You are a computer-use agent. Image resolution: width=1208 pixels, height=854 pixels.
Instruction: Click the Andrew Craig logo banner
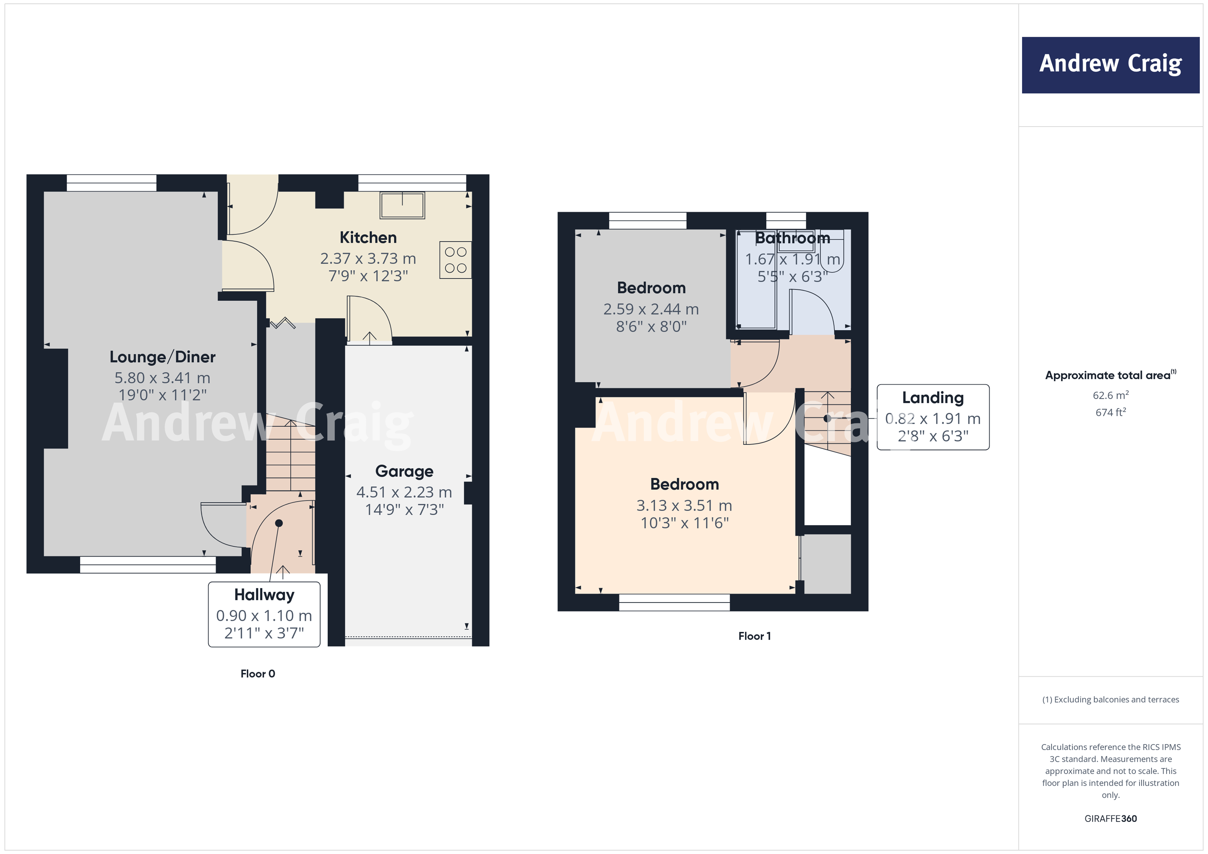[1110, 65]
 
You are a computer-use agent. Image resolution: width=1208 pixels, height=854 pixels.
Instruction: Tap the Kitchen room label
[368, 238]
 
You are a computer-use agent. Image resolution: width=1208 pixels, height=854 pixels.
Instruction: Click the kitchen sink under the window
[403, 205]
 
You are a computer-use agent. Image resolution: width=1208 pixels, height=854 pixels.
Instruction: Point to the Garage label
[404, 471]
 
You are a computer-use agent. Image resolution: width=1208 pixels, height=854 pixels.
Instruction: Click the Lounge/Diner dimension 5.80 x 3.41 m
[163, 378]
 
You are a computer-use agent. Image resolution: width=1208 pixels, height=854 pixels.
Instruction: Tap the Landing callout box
[932, 417]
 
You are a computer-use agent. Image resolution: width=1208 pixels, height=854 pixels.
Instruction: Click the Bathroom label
[793, 238]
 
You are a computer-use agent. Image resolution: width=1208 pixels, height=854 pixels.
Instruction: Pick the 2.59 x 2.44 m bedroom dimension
[651, 309]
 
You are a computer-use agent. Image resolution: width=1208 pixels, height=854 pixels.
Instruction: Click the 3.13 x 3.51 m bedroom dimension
[684, 505]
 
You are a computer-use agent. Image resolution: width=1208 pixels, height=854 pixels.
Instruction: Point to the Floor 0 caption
[258, 674]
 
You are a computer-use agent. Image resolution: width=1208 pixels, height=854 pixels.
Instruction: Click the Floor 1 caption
[754, 636]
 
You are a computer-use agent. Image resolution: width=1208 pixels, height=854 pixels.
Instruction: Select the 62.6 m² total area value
[1110, 395]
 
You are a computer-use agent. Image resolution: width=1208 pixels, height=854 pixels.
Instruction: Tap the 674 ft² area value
[1110, 412]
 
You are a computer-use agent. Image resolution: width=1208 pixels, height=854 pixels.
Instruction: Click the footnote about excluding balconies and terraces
[1110, 699]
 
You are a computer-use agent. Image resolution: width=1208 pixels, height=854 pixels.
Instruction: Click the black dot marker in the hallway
[279, 523]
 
